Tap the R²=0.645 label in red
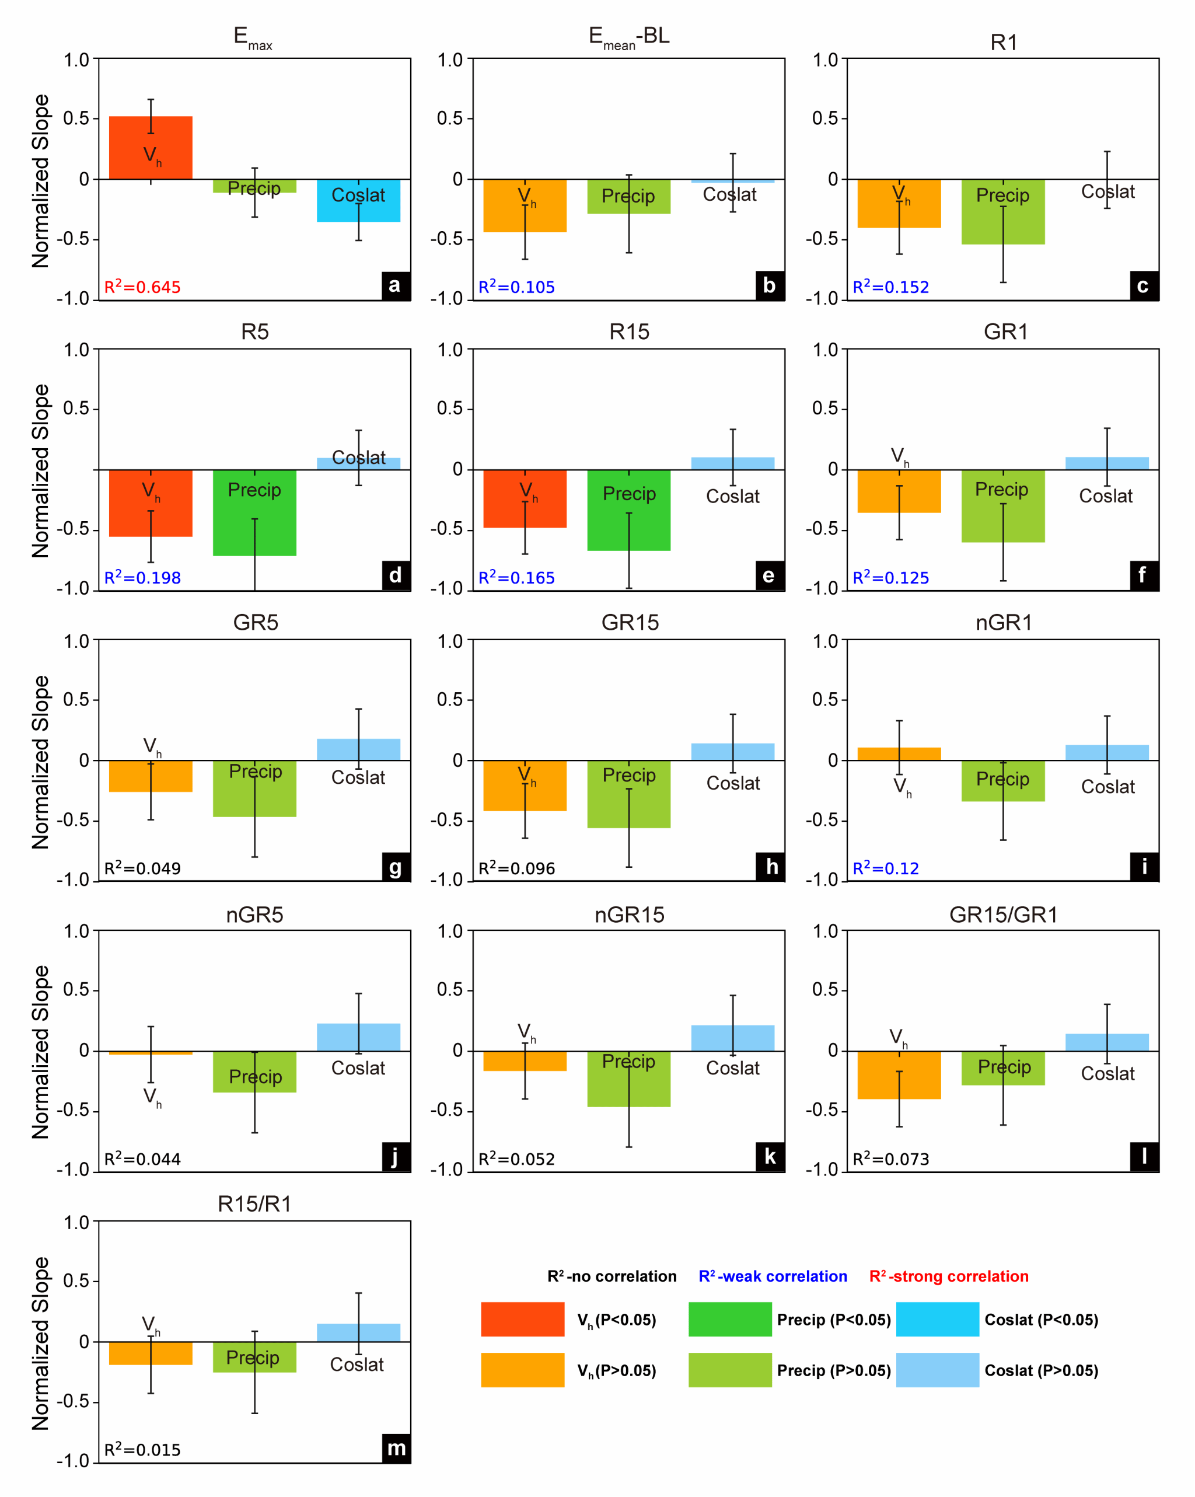click(142, 287)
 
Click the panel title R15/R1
click(255, 1203)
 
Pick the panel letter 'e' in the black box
click(770, 575)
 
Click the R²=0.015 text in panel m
click(142, 1449)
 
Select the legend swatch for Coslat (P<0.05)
click(938, 1319)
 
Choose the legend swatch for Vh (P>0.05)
click(522, 1370)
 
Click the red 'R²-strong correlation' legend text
click(949, 1276)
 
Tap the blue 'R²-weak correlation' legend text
click(773, 1276)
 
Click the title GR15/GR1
click(1004, 915)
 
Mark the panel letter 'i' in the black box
click(1144, 867)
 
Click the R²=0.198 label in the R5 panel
click(142, 578)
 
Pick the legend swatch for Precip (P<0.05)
click(730, 1319)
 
